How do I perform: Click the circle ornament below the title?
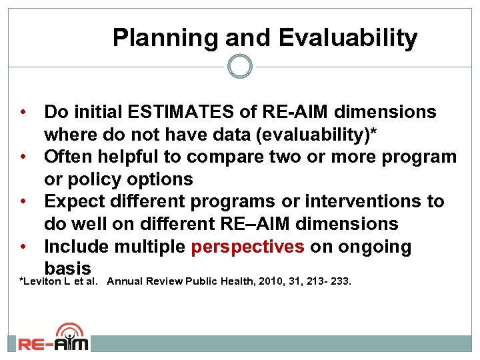[240, 67]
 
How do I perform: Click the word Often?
[69, 157]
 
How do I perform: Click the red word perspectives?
[247, 247]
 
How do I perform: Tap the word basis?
[67, 269]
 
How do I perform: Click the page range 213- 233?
[328, 281]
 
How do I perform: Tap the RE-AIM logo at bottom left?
[53, 338]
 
